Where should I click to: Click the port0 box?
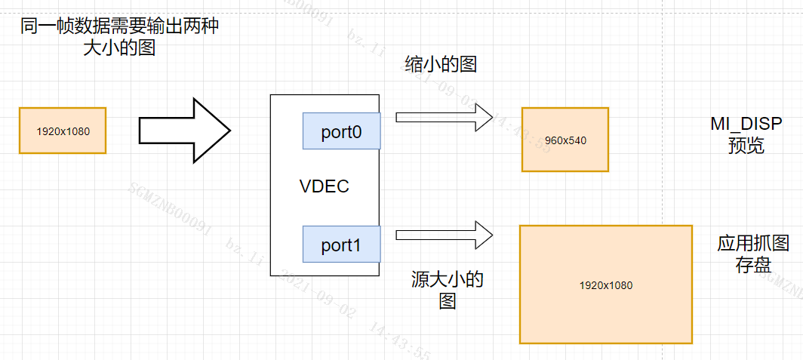tap(341, 131)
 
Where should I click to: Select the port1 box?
tap(341, 245)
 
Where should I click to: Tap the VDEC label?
tap(325, 186)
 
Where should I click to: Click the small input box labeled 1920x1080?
tap(63, 131)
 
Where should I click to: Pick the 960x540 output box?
tap(565, 140)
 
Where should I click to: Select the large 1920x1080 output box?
tap(605, 285)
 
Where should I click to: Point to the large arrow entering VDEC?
tap(184, 130)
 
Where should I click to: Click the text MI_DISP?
tap(746, 124)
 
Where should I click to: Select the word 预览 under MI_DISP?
tap(746, 146)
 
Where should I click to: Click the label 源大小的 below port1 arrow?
tap(447, 280)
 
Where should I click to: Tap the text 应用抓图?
tap(753, 244)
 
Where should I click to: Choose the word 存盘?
tap(753, 265)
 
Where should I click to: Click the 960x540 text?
tap(565, 140)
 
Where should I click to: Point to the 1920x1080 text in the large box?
tap(605, 285)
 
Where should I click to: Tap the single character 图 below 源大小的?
tap(448, 302)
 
